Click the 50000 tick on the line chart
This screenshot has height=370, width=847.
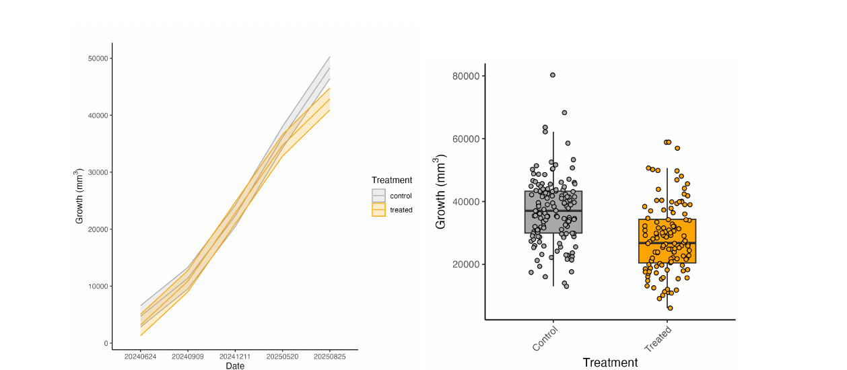[x=98, y=59]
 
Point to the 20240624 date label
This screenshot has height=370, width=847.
[x=140, y=357]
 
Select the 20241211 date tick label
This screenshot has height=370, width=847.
[x=235, y=357]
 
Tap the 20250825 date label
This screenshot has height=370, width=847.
[x=330, y=357]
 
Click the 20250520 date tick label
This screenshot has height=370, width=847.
[x=283, y=357]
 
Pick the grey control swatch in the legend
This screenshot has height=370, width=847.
[x=378, y=196]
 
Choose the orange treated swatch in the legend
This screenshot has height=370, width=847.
[x=378, y=210]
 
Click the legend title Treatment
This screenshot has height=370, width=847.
[x=392, y=180]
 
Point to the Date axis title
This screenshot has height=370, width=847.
[x=235, y=366]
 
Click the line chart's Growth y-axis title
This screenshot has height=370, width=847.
[x=79, y=196]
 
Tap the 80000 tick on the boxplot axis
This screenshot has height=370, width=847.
[x=466, y=76]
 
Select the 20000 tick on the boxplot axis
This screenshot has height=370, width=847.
[x=466, y=264]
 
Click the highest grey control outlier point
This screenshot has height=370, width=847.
[x=553, y=75]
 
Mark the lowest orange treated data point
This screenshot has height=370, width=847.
[x=670, y=308]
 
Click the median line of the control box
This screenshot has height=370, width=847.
[x=553, y=211]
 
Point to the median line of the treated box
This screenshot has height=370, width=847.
[x=667, y=243]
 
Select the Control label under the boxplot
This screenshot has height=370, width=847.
[x=545, y=339]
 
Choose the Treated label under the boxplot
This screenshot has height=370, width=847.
[x=658, y=339]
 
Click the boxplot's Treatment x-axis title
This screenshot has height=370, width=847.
[x=610, y=363]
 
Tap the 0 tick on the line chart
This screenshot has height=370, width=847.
[x=106, y=344]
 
